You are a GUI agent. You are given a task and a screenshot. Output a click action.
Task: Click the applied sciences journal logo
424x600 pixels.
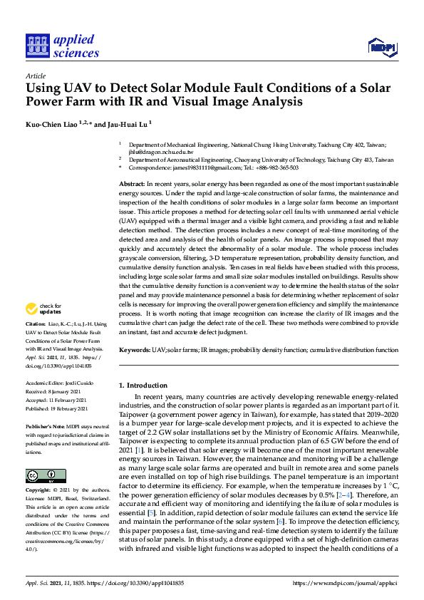click(62, 46)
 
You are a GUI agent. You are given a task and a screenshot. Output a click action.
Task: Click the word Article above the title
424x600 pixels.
click(35, 76)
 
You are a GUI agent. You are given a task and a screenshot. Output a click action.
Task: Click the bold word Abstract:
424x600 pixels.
click(132, 185)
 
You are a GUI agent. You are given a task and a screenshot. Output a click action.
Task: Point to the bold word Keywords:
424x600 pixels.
click(134, 351)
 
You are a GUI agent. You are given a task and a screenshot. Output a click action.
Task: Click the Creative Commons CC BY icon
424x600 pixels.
click(41, 475)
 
